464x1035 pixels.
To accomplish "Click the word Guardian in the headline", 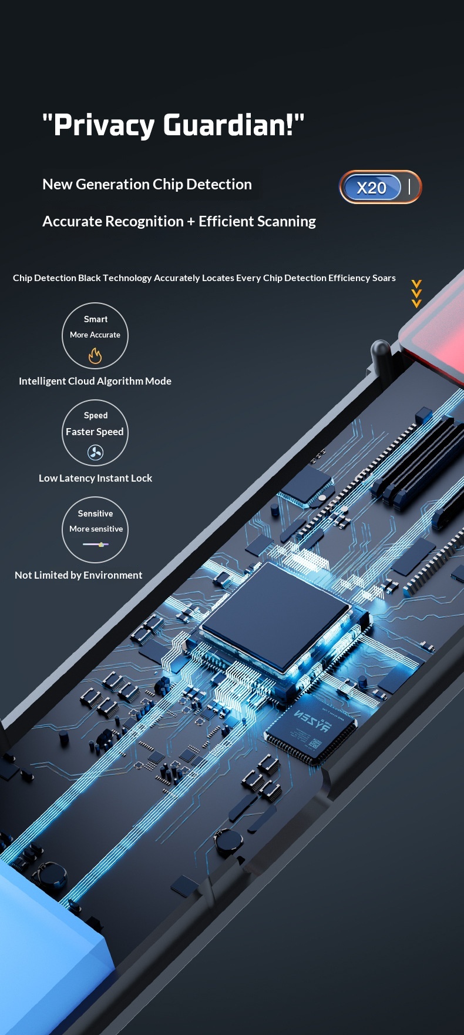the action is tap(228, 125).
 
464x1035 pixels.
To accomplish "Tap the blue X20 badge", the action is tap(371, 188).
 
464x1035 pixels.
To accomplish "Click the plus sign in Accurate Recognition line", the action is tap(191, 222).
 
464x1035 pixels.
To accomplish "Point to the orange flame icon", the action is tap(95, 355).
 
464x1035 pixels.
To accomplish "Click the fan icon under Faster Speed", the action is tap(95, 452).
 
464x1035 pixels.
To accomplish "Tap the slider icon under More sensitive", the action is tap(96, 545).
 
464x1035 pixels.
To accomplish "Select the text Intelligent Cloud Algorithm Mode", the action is tap(95, 381).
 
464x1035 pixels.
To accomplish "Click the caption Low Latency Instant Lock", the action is tap(95, 478).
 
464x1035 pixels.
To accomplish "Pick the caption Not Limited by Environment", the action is tap(79, 575).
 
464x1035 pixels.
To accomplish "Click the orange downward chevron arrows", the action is tap(416, 294).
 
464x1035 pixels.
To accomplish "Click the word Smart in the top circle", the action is tap(96, 319).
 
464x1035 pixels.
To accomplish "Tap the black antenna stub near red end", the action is tap(380, 355).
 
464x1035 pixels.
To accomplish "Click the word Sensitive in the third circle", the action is tap(95, 513).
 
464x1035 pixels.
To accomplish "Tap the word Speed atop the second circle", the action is tap(96, 416).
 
